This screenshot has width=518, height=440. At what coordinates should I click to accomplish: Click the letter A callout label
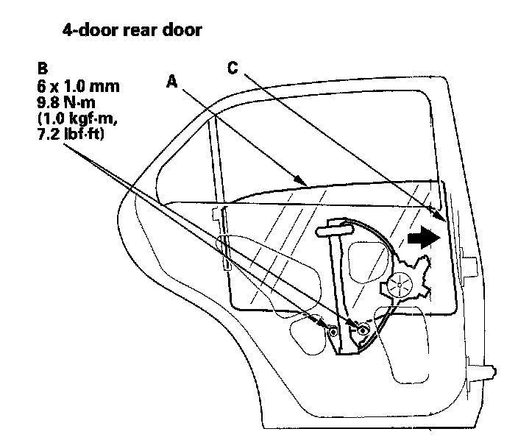(172, 83)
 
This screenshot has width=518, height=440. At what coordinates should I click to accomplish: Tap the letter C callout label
(233, 68)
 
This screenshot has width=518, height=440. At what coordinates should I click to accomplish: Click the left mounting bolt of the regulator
(333, 331)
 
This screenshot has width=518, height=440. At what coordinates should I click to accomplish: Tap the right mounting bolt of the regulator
(362, 330)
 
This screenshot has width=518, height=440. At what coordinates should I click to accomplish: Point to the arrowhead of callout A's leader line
(302, 180)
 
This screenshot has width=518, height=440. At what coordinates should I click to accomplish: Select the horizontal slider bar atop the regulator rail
(336, 231)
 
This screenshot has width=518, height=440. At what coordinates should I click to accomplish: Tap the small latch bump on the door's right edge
(468, 258)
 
